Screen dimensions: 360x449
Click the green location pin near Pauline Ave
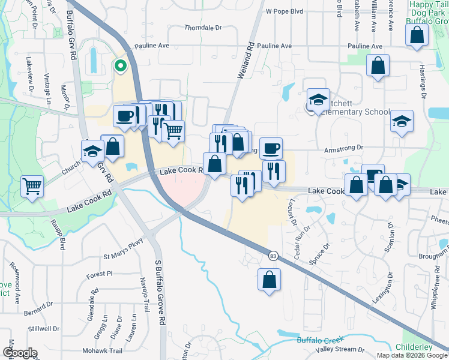[120, 66]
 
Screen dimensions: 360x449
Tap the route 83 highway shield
[273, 256]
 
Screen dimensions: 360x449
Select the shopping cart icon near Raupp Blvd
[32, 185]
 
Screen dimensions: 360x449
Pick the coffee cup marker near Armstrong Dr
[271, 148]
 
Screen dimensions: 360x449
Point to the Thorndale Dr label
[203, 28]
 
